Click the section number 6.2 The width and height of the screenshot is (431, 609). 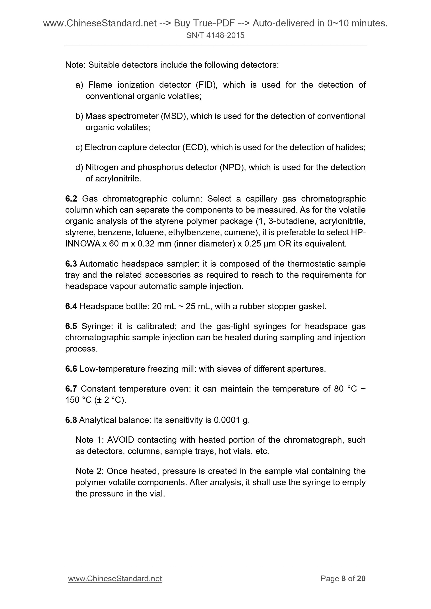(x=71, y=199)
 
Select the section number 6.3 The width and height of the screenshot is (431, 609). (x=71, y=264)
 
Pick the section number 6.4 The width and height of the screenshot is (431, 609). (x=71, y=306)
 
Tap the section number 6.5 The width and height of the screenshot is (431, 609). (x=71, y=326)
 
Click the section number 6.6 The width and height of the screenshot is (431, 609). (x=71, y=369)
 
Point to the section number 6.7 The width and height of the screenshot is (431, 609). (x=71, y=389)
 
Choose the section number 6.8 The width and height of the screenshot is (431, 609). (x=71, y=420)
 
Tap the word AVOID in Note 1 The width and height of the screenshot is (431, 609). (x=120, y=440)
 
